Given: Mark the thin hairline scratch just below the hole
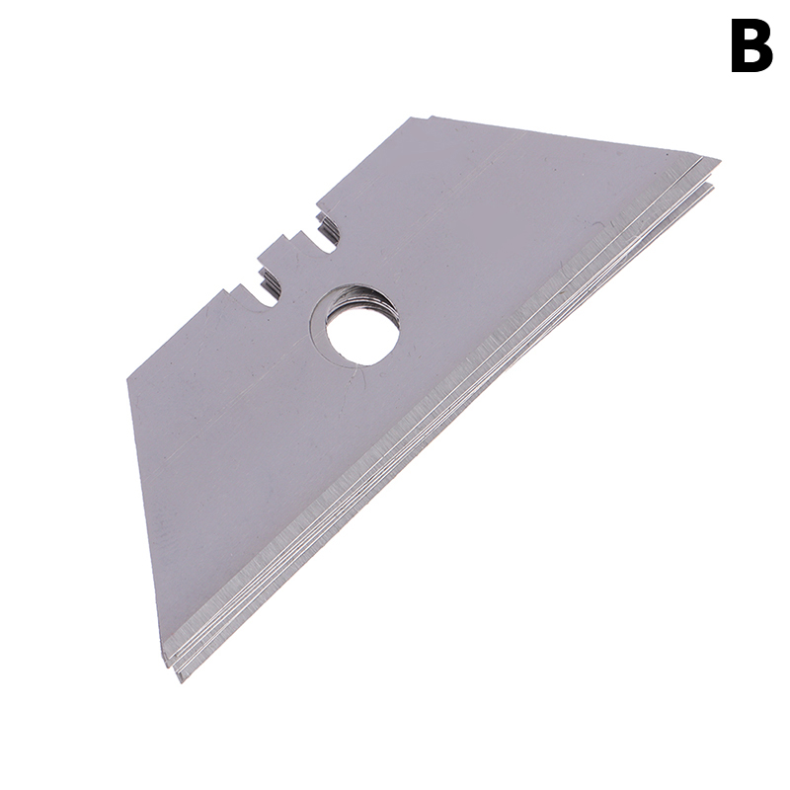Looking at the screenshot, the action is [360, 373].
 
